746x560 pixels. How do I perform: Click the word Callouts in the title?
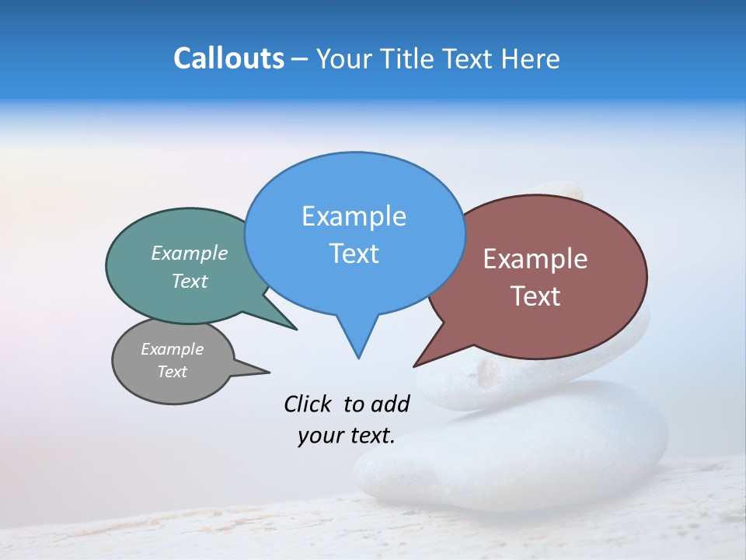click(x=228, y=58)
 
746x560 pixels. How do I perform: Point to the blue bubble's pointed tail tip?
click(x=358, y=358)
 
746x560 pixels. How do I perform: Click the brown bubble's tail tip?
click(x=414, y=366)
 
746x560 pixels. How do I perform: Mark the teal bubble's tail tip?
click(x=296, y=329)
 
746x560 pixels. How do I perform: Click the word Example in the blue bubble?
click(x=354, y=216)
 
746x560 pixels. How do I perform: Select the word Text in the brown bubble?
click(x=535, y=296)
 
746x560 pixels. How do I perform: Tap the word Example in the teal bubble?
click(x=189, y=254)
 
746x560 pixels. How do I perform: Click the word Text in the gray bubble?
click(x=172, y=372)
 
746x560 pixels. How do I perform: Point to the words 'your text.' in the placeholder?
click(x=347, y=436)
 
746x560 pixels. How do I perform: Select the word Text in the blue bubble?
click(x=354, y=254)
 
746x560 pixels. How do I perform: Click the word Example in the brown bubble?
click(x=535, y=259)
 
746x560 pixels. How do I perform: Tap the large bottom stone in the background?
click(x=513, y=459)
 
